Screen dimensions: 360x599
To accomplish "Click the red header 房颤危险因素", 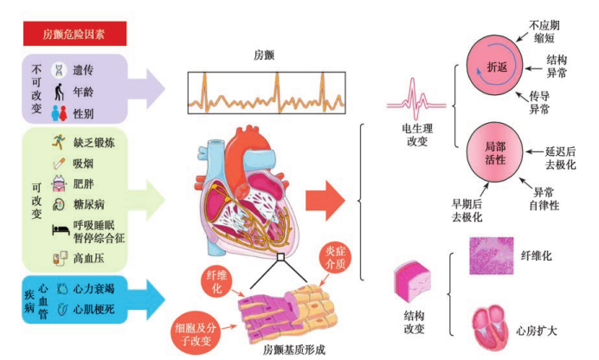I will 74,35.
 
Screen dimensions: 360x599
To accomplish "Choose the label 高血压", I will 88,258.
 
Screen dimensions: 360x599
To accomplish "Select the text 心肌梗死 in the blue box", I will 91,307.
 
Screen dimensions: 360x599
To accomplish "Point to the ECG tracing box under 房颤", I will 265,91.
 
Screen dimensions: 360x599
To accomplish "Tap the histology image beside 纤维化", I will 491,257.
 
